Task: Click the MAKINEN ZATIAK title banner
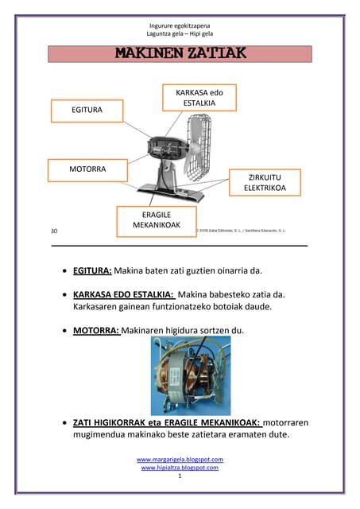(x=180, y=54)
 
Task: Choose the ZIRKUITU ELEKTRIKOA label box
(x=264, y=181)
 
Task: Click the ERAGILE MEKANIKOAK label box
(x=157, y=220)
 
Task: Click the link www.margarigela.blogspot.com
(x=180, y=460)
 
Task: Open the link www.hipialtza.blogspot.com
(x=180, y=468)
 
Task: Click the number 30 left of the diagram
(x=54, y=231)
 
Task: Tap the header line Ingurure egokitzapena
(x=180, y=25)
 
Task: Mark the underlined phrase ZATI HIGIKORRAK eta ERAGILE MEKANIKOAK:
(x=166, y=422)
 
